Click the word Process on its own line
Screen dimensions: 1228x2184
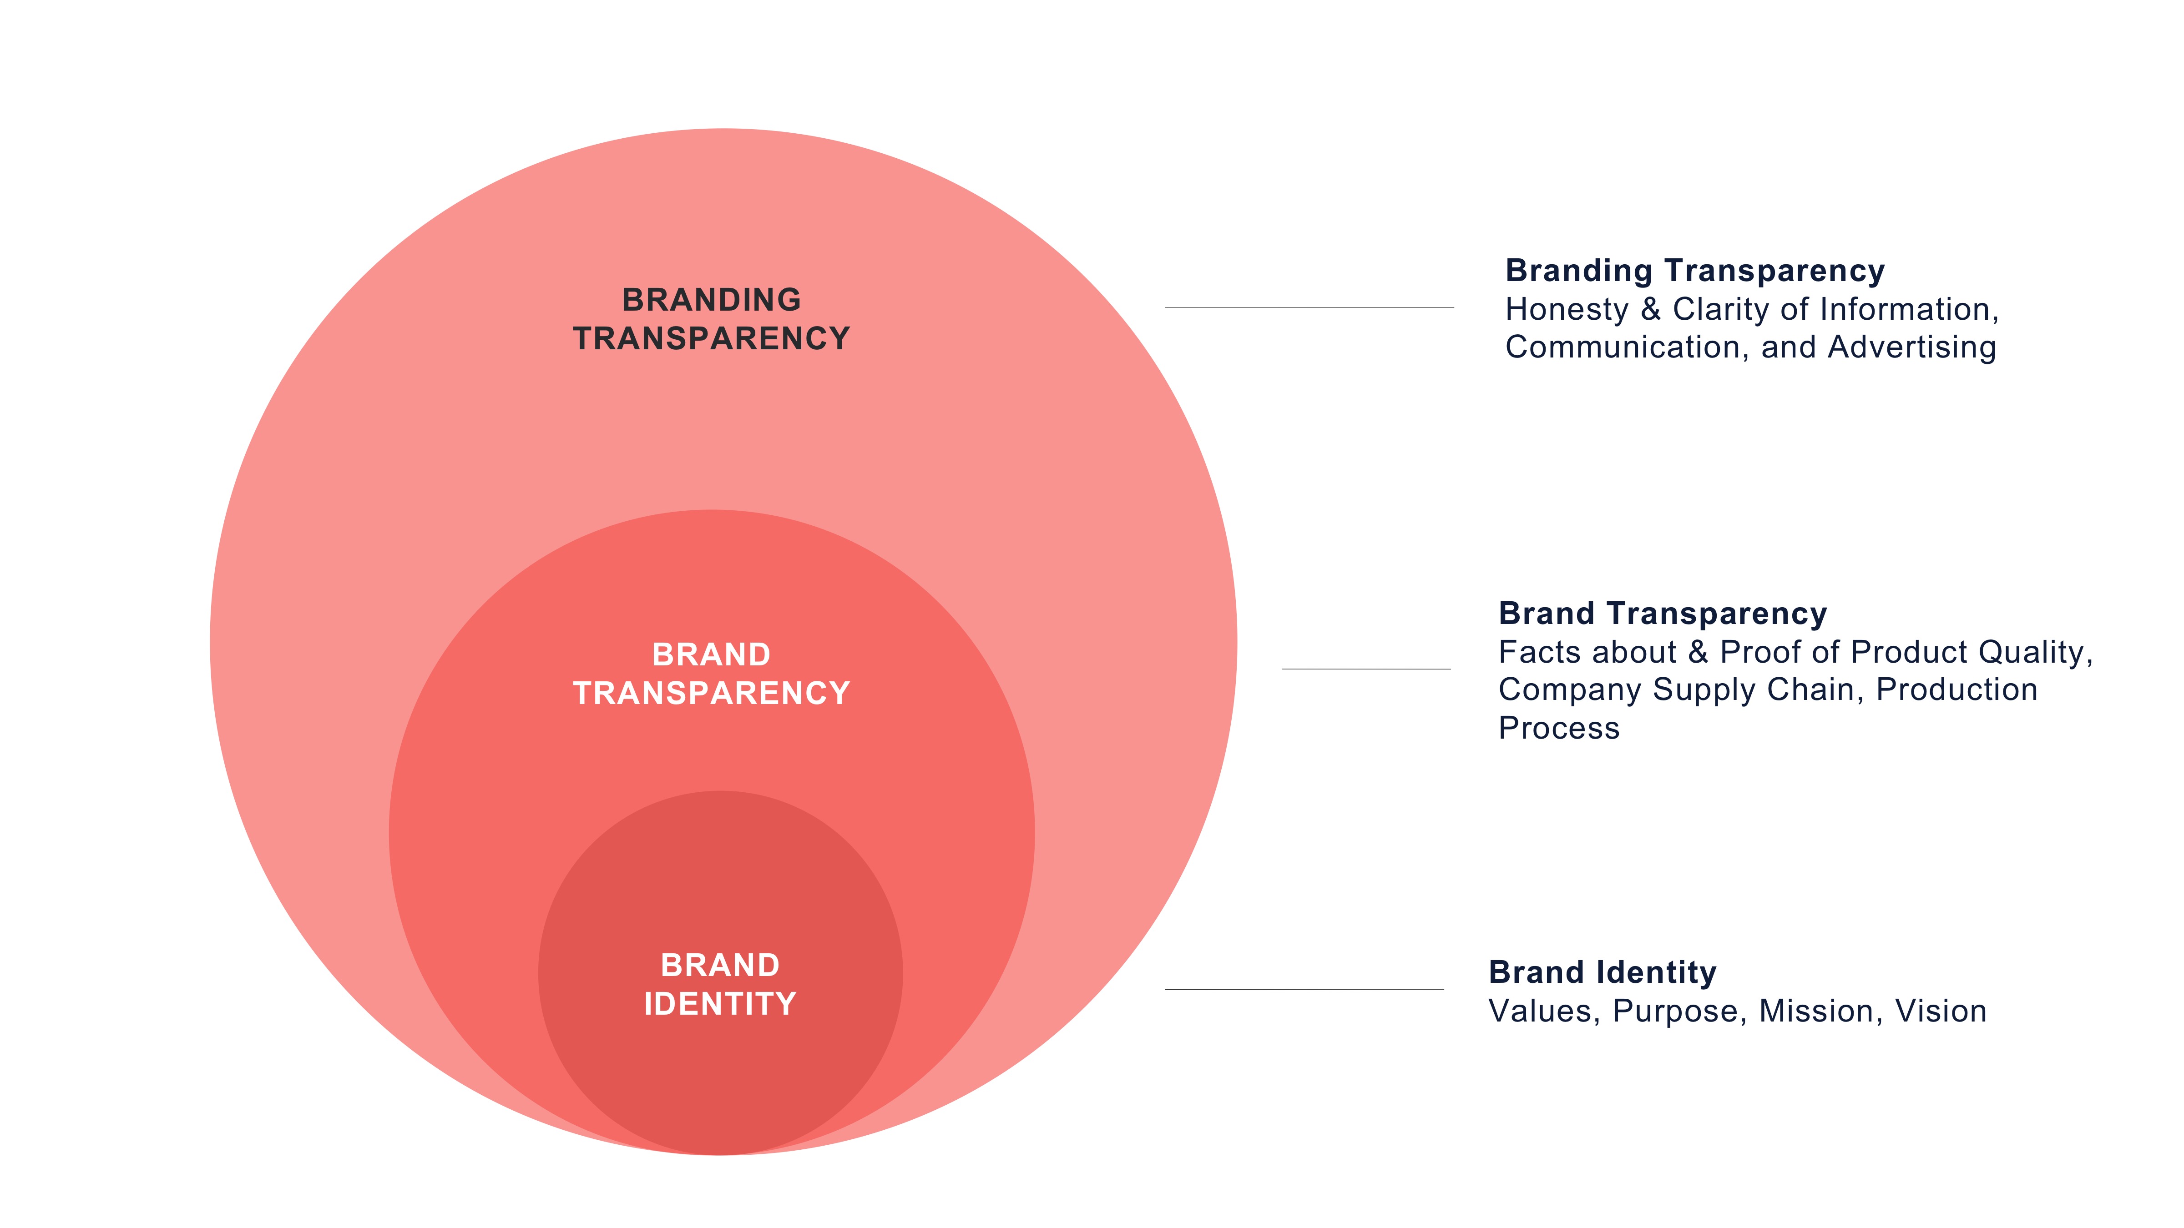pos(1558,728)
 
